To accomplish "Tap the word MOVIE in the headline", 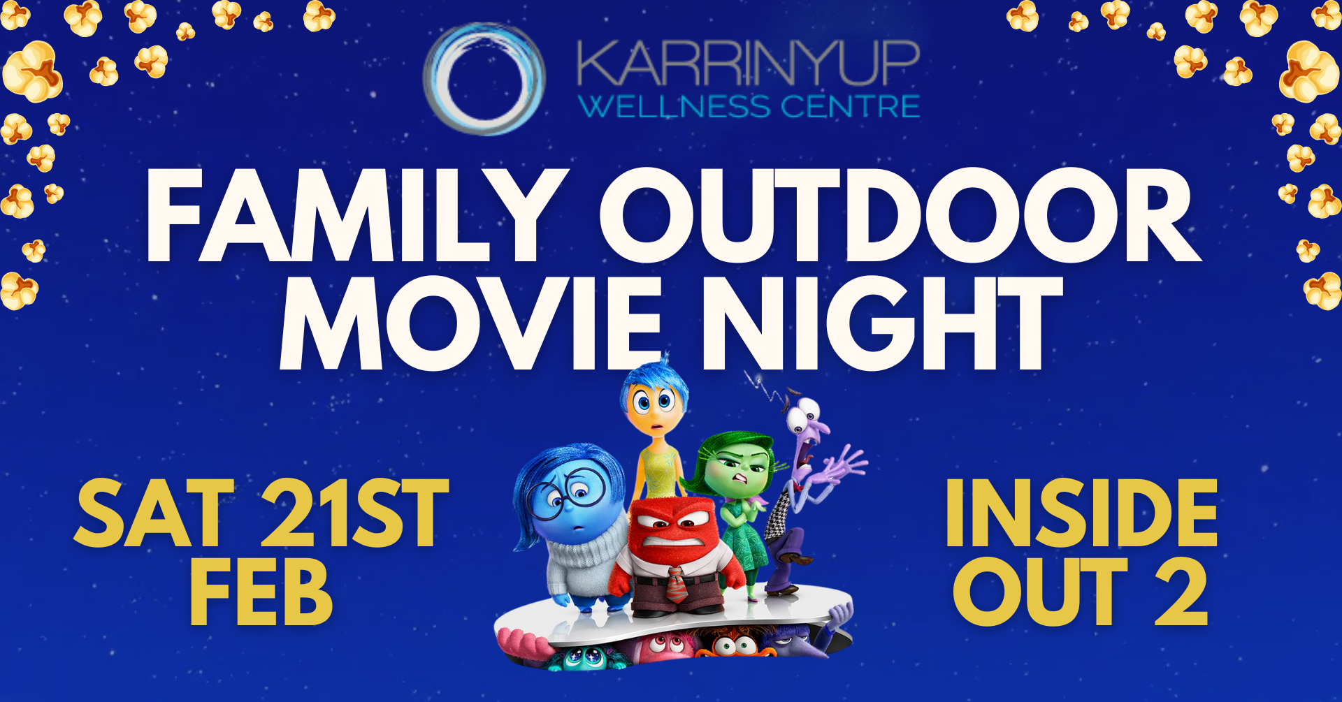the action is tap(470, 323).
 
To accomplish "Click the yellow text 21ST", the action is tap(354, 513).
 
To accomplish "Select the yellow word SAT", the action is tap(154, 513).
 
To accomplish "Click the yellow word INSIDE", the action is tap(1081, 513).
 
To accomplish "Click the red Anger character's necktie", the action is tap(676, 585).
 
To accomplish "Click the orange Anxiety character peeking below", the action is tap(734, 643).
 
